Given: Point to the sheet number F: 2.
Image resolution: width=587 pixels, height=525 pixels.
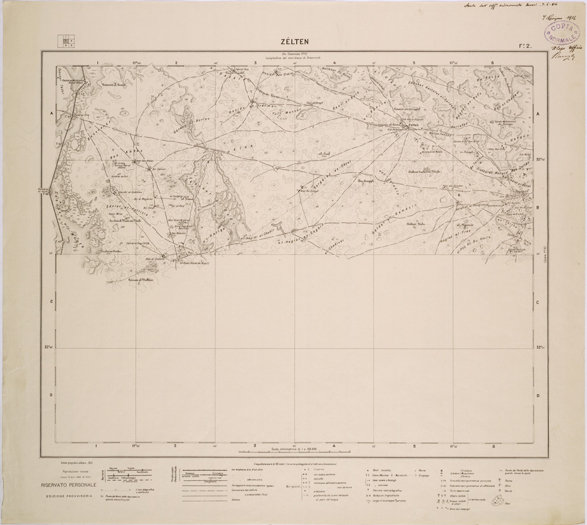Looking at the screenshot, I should (525, 46).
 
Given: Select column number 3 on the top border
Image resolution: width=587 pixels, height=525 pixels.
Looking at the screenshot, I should (255, 64).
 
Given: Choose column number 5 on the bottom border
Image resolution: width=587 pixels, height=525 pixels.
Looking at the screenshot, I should (413, 445).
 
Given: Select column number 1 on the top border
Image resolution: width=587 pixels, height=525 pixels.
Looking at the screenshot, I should (97, 64).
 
